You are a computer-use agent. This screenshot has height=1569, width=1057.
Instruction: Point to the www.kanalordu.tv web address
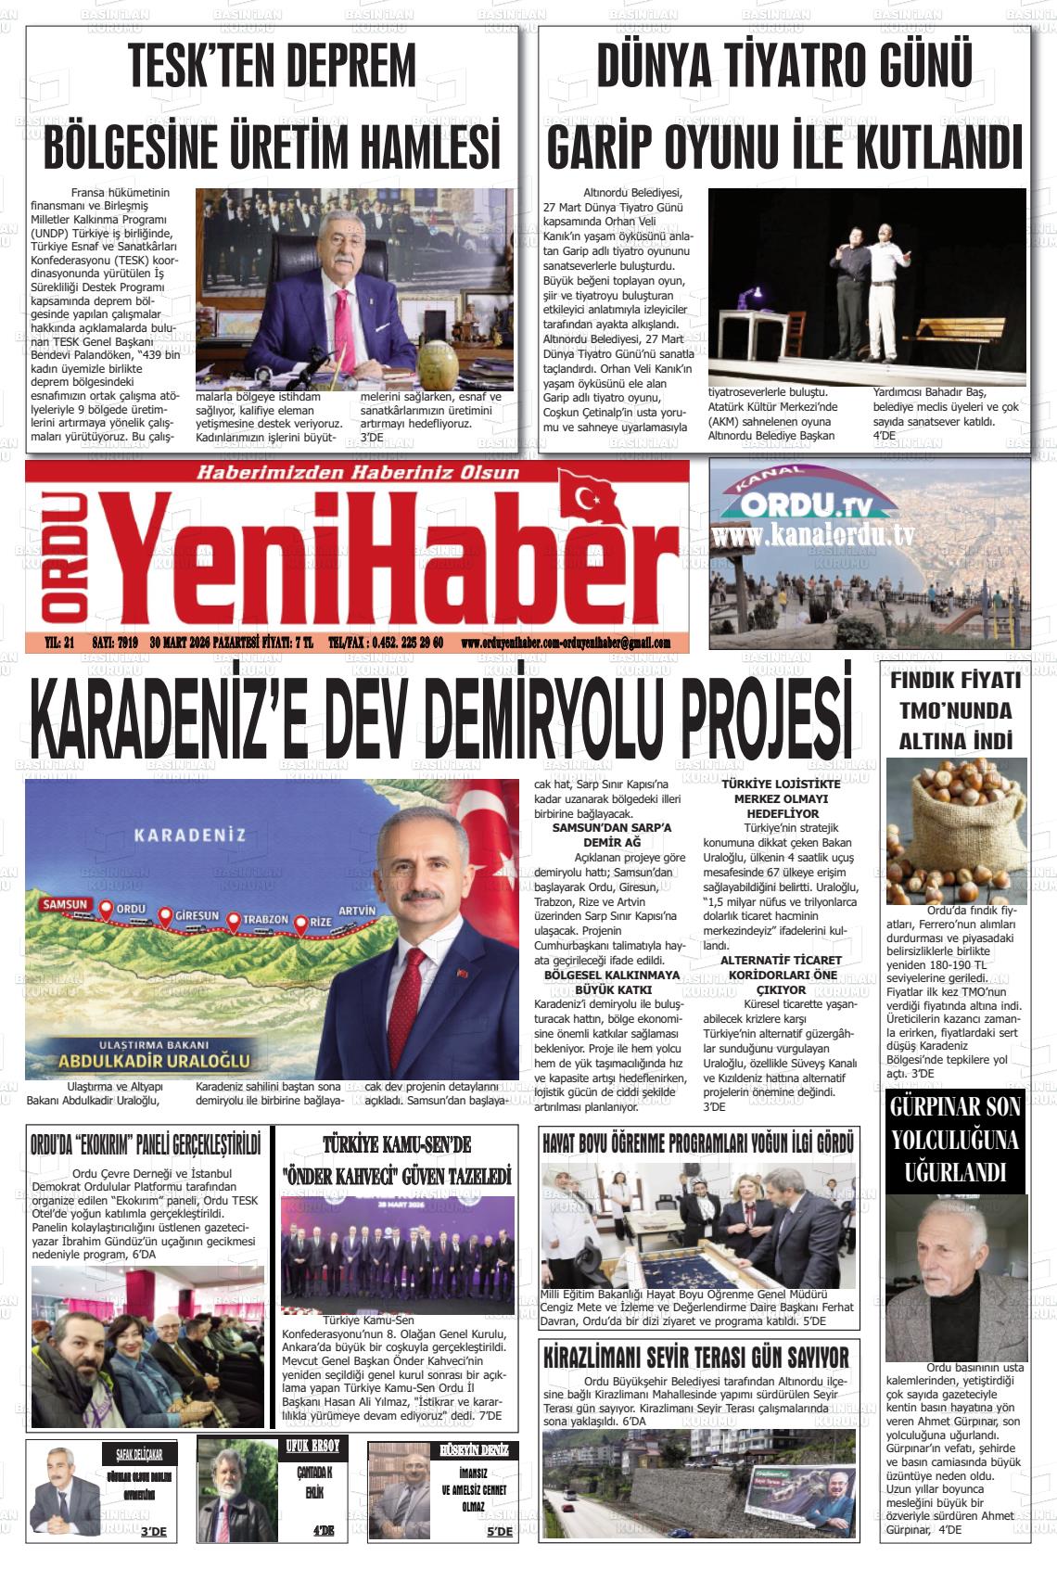click(813, 537)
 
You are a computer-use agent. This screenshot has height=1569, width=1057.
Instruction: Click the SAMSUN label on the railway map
click(64, 904)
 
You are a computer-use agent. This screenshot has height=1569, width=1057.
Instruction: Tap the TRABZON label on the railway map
click(266, 920)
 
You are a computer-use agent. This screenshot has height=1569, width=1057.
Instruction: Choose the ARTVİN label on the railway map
click(357, 910)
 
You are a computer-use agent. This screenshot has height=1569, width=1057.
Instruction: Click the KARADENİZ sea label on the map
click(190, 834)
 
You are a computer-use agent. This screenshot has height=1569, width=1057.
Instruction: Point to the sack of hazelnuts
click(955, 830)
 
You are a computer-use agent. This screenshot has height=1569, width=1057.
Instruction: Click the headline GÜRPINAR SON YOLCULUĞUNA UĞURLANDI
click(955, 1139)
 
